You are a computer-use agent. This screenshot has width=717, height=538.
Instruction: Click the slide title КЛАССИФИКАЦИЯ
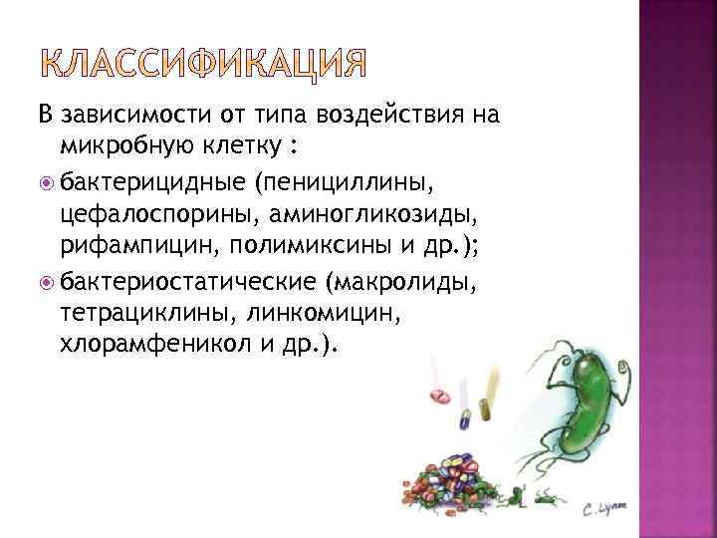point(204,65)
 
